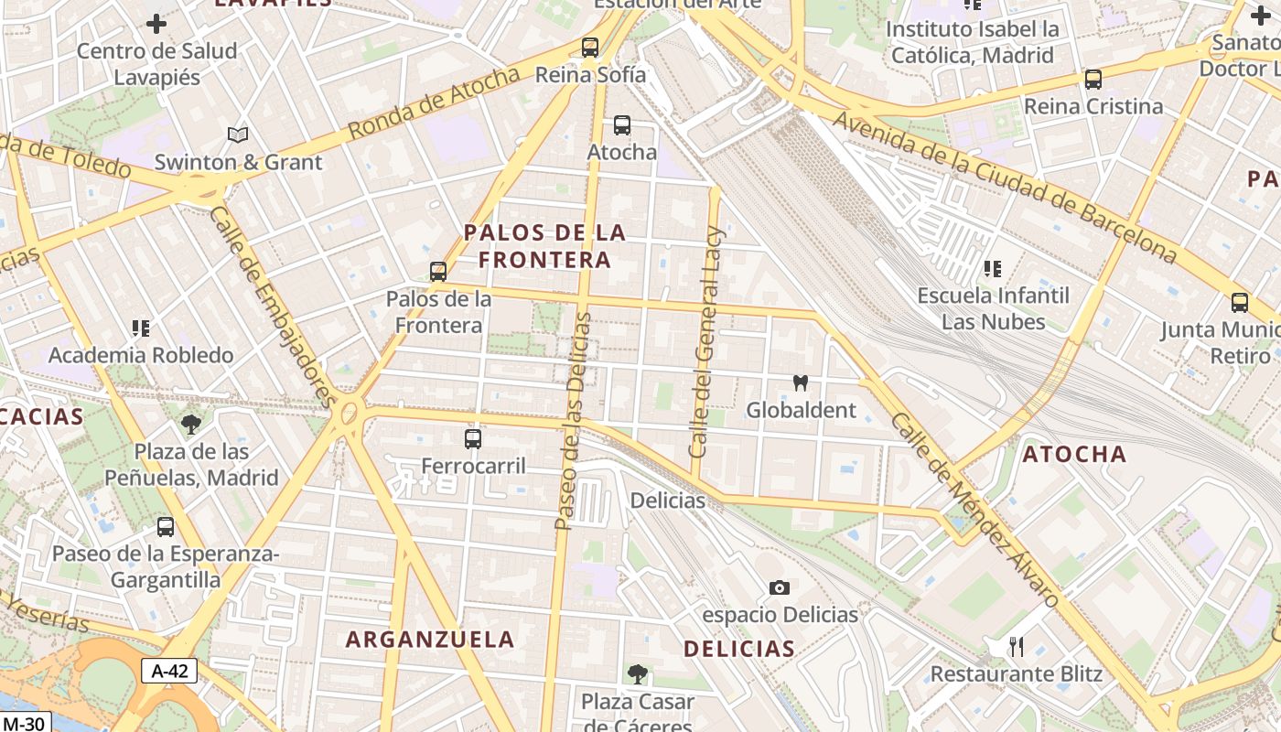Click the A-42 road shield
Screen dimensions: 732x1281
coord(169,671)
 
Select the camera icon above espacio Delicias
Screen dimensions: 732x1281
coord(780,587)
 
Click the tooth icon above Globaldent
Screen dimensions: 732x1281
coord(801,382)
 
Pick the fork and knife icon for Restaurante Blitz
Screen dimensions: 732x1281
coord(1017,647)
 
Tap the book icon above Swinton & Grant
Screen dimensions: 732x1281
coord(238,135)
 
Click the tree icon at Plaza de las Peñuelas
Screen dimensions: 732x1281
coord(191,424)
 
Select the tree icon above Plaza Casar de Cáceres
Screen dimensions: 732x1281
coord(638,674)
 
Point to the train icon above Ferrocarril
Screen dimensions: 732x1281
coord(473,439)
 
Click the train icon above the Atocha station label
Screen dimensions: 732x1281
coord(622,125)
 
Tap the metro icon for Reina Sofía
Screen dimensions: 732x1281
coord(590,48)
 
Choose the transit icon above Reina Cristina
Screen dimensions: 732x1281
coord(1093,80)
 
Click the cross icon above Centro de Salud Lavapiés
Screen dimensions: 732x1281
coord(156,24)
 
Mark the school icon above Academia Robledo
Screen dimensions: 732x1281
coord(141,328)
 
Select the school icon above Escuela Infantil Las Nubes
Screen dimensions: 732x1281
coord(993,269)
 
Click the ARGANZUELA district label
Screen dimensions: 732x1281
coord(430,640)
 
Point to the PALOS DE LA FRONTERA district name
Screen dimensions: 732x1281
coord(545,246)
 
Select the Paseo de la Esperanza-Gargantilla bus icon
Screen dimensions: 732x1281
coord(166,527)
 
